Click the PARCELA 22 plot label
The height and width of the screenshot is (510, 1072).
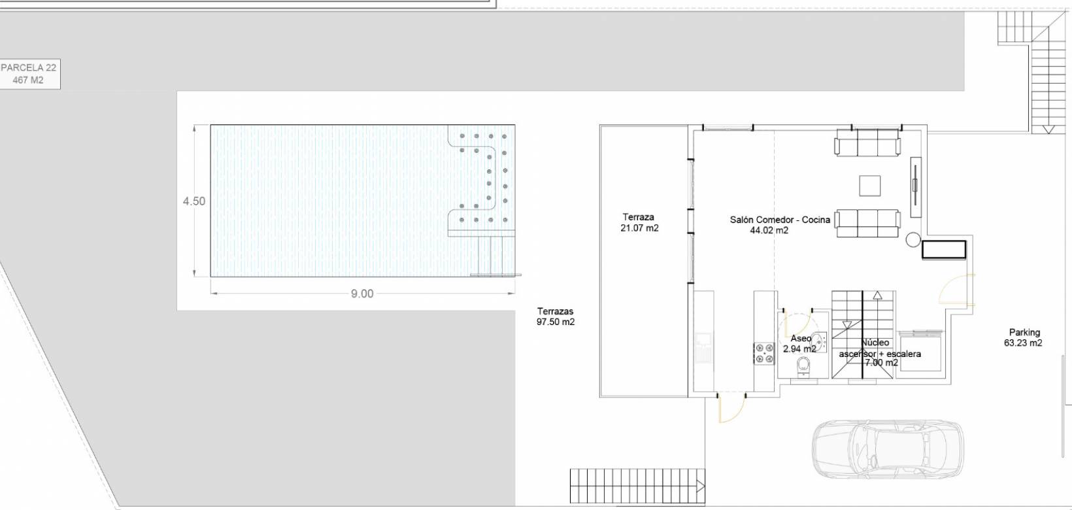29,74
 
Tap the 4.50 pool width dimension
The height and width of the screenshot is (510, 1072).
194,201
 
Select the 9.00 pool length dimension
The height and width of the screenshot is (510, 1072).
362,294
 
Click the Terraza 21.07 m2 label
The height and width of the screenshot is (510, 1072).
639,223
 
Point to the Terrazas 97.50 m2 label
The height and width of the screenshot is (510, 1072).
555,316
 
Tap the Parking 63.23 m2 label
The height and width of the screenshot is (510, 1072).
1023,337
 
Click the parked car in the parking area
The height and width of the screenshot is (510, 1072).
888,449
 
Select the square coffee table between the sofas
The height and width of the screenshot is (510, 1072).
869,186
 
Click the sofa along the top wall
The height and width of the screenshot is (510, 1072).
867,143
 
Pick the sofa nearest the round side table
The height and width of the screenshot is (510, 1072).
867,223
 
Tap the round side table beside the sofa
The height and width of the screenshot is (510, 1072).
913,240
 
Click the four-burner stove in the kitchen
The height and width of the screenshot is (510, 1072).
764,354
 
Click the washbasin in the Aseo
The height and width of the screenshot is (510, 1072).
820,342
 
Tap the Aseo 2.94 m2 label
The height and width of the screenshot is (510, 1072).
799,344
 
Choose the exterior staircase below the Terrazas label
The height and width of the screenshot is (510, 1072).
637,486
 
